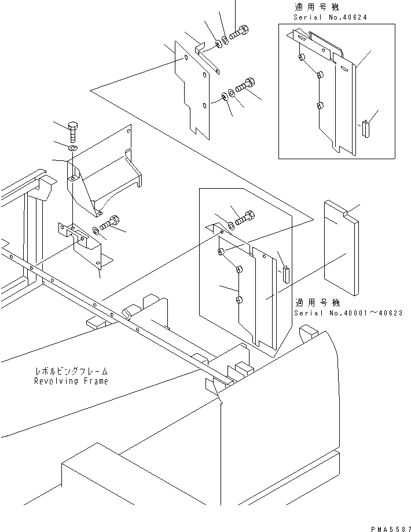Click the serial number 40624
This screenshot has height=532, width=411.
(353, 17)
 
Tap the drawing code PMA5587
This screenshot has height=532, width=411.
(391, 529)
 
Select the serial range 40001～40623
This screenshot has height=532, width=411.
(366, 313)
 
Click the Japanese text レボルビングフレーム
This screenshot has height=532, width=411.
(72, 371)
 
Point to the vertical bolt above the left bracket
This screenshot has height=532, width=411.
(73, 133)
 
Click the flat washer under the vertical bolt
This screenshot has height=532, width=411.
(72, 148)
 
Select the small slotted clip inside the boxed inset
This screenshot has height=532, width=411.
(365, 129)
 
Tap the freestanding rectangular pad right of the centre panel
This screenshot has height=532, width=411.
(340, 248)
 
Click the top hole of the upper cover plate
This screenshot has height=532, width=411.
(186, 58)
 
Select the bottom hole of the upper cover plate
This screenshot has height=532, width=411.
(205, 105)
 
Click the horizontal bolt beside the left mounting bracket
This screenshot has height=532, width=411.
(109, 222)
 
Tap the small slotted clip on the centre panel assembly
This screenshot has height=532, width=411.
(286, 274)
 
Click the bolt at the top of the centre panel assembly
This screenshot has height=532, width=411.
(245, 218)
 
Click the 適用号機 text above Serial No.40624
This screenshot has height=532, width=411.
(317, 7)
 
